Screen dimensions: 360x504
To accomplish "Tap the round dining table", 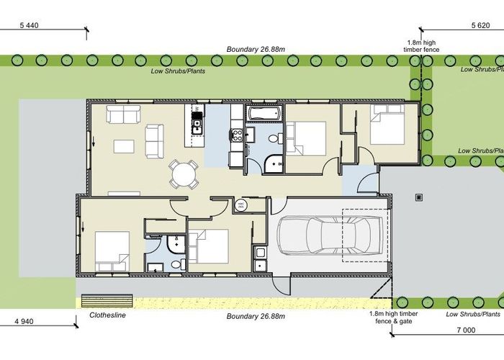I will pyautogui.click(x=183, y=174).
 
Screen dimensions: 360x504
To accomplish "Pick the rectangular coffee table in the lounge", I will pyautogui.click(x=124, y=146).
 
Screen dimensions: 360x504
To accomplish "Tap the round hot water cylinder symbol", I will pyautogui.click(x=240, y=206).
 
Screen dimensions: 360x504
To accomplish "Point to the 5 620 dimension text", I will pyautogui.click(x=481, y=25).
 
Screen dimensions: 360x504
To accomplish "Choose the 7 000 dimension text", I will pyautogui.click(x=467, y=330).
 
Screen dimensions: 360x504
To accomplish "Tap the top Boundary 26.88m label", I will pyautogui.click(x=251, y=50).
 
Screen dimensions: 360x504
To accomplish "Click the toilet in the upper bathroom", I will pyautogui.click(x=273, y=138).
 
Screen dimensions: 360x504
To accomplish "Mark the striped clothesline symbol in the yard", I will pyautogui.click(x=108, y=299).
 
